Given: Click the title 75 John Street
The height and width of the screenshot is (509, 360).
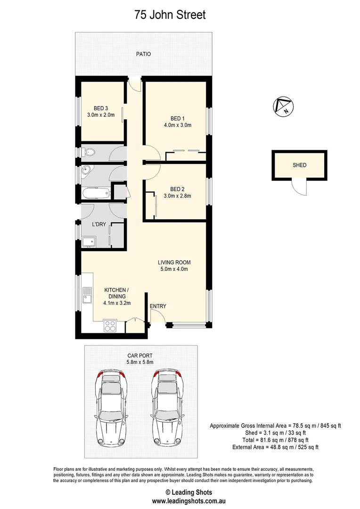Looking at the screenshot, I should pyautogui.click(x=170, y=15).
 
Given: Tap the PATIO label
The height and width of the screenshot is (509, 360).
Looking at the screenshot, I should pyautogui.click(x=144, y=54).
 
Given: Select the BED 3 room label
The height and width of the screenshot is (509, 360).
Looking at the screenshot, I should pyautogui.click(x=101, y=108).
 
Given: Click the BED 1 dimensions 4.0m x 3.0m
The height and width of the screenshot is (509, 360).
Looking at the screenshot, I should pyautogui.click(x=177, y=125).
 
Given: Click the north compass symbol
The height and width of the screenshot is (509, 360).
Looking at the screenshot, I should pyautogui.click(x=283, y=106).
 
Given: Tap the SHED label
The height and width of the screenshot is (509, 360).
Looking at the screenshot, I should pyautogui.click(x=299, y=165).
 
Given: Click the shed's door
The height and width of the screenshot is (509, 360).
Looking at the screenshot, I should pyautogui.click(x=299, y=188).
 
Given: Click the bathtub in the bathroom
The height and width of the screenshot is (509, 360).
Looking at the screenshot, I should pyautogui.click(x=96, y=193).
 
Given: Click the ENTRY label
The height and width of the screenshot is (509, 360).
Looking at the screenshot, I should pyautogui.click(x=158, y=306).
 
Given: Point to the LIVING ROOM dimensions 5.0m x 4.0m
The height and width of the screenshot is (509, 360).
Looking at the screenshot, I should pyautogui.click(x=174, y=269).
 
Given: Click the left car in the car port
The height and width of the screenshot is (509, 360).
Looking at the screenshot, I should pyautogui.click(x=111, y=407).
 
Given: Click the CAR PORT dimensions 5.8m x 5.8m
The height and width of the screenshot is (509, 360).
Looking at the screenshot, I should pyautogui.click(x=140, y=362).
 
